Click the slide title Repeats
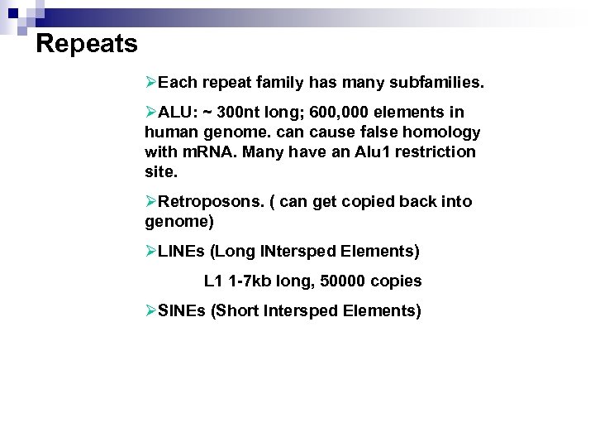tap(88, 43)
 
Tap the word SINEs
tap(181, 311)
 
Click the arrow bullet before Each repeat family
tap(150, 84)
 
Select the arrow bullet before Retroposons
tap(150, 202)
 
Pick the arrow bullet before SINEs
tap(150, 311)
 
